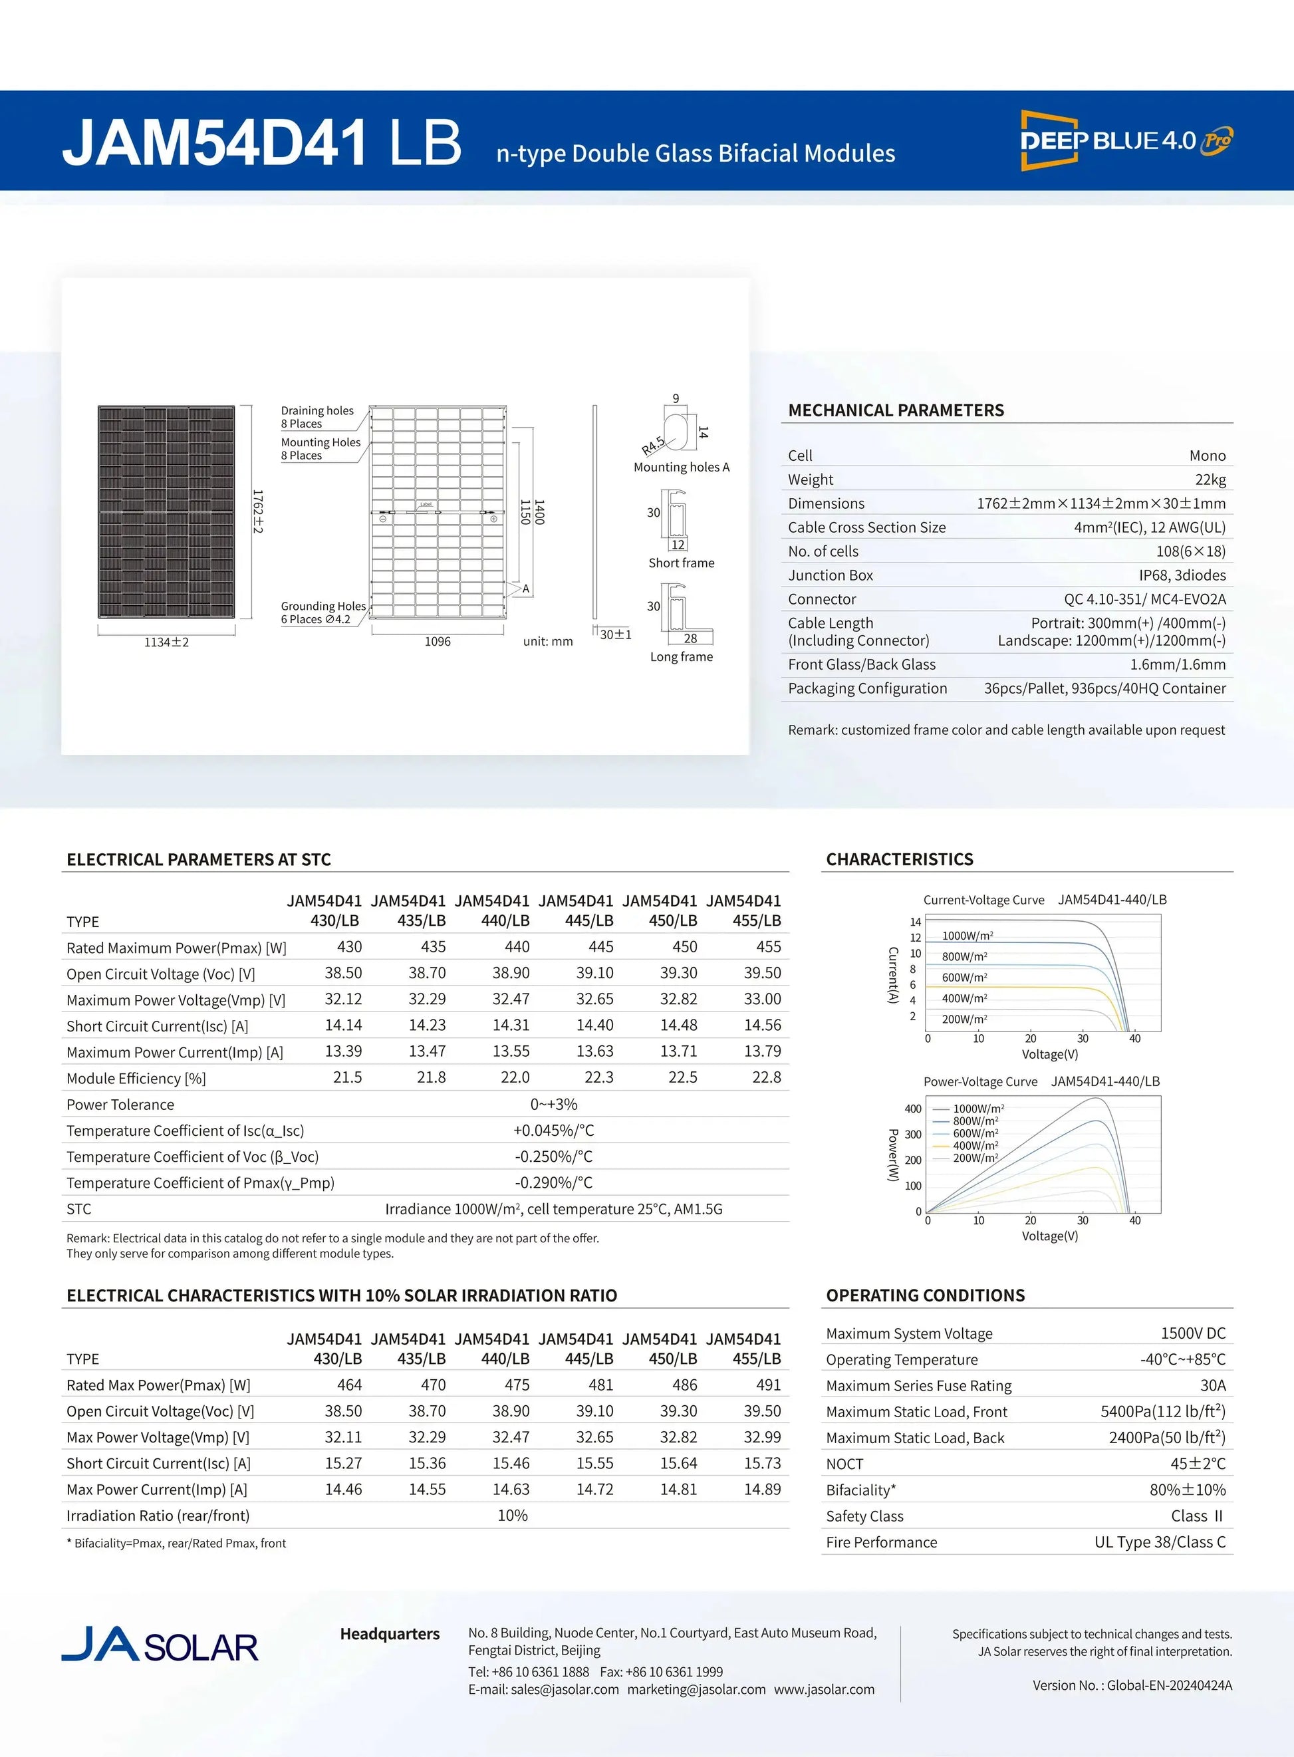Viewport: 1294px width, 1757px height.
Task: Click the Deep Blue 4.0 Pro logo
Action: [1126, 141]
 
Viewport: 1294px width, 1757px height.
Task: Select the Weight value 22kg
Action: [1210, 479]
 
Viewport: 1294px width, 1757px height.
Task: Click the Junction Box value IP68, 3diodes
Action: [1182, 575]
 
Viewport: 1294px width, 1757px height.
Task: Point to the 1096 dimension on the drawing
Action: [437, 642]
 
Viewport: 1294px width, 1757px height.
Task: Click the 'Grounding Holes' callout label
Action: [323, 607]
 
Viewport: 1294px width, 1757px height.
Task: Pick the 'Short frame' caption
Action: [681, 563]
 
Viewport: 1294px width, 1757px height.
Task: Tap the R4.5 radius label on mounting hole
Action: [652, 445]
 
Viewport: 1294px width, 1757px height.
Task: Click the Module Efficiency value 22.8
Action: [766, 1077]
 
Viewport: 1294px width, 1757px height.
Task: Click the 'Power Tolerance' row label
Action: [120, 1105]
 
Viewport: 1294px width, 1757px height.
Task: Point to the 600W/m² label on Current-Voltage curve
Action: [964, 978]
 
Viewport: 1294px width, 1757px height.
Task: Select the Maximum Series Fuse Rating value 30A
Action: [1212, 1385]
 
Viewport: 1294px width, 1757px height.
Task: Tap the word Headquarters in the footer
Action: [389, 1633]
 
